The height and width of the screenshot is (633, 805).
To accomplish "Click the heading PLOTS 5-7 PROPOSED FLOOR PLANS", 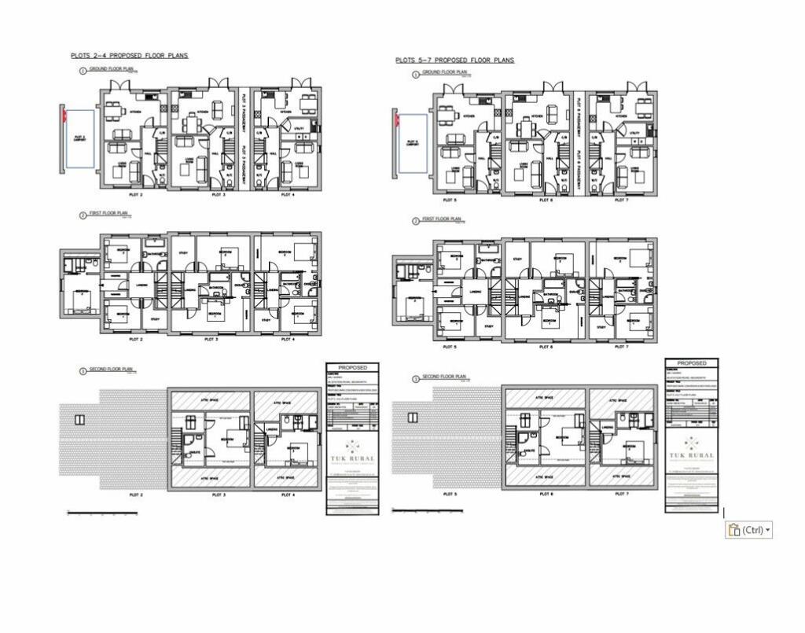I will pyautogui.click(x=455, y=60).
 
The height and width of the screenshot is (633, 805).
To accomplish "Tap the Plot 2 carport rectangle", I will pyautogui.click(x=79, y=138).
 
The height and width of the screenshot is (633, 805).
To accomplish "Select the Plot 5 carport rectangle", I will pyautogui.click(x=414, y=143).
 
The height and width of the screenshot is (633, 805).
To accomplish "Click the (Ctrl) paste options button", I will pyautogui.click(x=748, y=529).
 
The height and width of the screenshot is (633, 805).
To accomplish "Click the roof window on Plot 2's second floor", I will pyautogui.click(x=79, y=420).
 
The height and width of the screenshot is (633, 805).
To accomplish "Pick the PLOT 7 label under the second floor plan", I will pyautogui.click(x=621, y=494).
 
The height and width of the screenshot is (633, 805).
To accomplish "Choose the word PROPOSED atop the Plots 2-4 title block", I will pyautogui.click(x=352, y=367).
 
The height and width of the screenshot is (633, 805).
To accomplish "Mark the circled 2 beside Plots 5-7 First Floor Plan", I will pyautogui.click(x=416, y=221).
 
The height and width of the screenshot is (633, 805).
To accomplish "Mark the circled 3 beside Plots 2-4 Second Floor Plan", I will pyautogui.click(x=83, y=370).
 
